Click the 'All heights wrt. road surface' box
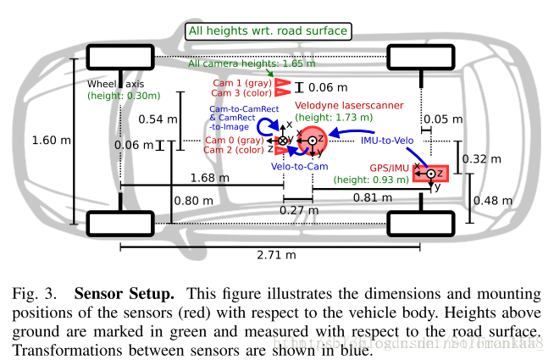coord(269,31)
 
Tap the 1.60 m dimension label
coord(46,140)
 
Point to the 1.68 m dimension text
coord(208,179)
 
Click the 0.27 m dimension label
coord(297,210)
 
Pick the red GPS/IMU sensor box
coord(430,174)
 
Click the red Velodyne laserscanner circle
coord(311,141)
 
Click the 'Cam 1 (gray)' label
coord(241,83)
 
